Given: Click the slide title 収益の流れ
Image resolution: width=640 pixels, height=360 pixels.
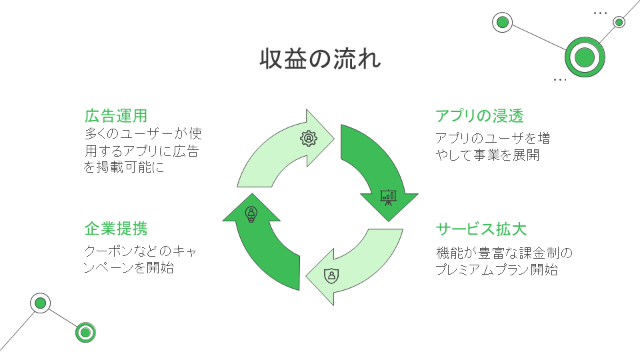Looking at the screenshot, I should pyautogui.click(x=320, y=59).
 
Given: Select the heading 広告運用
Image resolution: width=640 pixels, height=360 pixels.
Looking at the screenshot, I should pyautogui.click(x=115, y=116).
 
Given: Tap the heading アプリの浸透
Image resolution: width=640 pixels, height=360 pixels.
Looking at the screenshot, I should pyautogui.click(x=479, y=116).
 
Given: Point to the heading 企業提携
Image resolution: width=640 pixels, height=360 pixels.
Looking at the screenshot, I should pyautogui.click(x=115, y=229).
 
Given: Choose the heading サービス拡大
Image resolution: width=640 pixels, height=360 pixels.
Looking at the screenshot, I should pyautogui.click(x=481, y=229).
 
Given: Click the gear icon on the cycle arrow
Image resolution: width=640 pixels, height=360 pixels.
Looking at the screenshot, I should pyautogui.click(x=309, y=138).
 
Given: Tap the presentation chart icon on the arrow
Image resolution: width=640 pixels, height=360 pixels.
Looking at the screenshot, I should pyautogui.click(x=388, y=196).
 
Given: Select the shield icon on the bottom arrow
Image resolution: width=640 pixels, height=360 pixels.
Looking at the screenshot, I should pyautogui.click(x=331, y=275).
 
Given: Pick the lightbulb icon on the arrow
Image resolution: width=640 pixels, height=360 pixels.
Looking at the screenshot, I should pyautogui.click(x=251, y=213).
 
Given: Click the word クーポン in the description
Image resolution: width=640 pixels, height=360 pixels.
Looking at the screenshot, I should pyautogui.click(x=111, y=251).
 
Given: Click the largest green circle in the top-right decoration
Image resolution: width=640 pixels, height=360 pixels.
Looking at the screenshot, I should pyautogui.click(x=584, y=57).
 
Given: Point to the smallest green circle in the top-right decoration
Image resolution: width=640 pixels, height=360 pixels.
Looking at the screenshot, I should pyautogui.click(x=619, y=22).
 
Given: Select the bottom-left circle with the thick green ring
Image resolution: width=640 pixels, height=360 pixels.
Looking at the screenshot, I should pyautogui.click(x=85, y=331).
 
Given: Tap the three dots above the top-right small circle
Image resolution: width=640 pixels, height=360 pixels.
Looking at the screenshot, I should pyautogui.click(x=600, y=13).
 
